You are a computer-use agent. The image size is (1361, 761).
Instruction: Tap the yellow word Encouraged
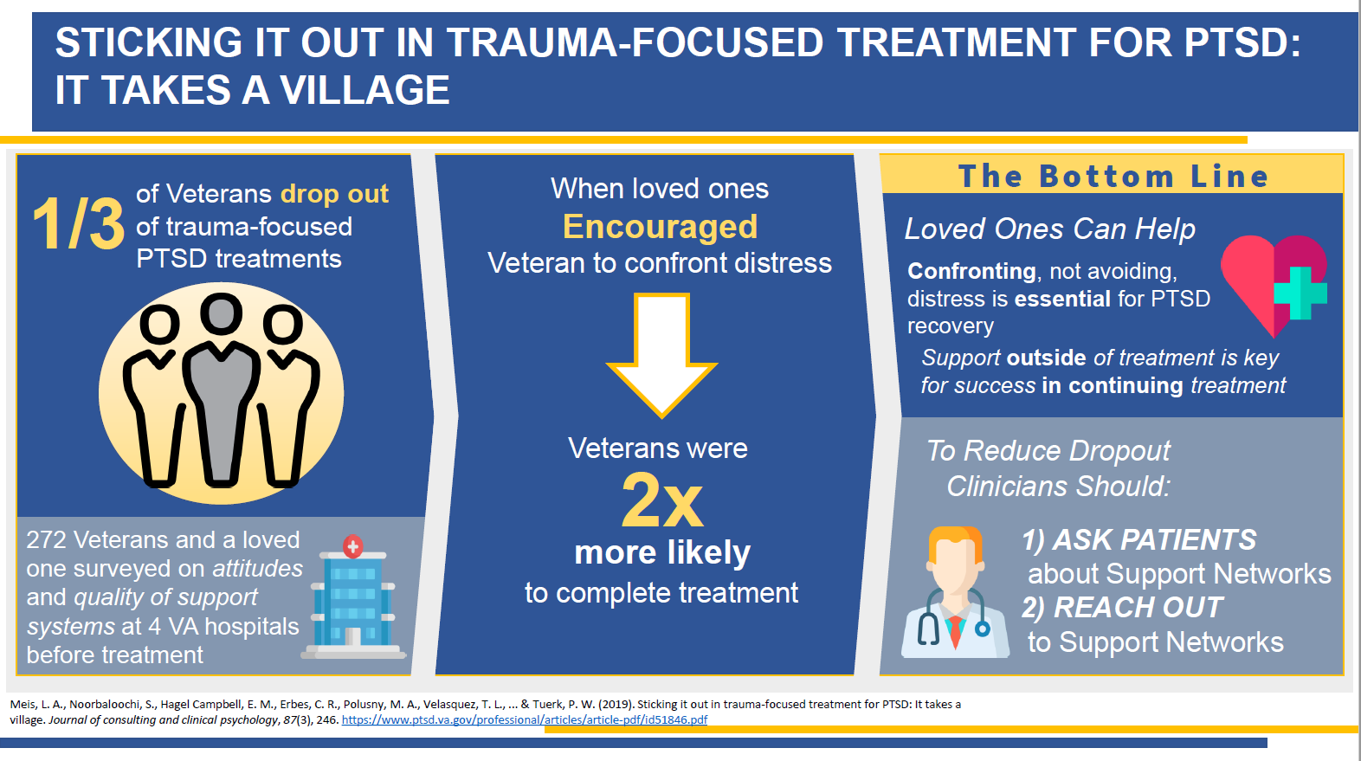point(660,227)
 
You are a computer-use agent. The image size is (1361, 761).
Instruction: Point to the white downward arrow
point(661,355)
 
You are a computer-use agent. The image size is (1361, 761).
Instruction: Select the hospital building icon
point(353,597)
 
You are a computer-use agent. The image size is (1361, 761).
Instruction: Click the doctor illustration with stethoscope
point(955,592)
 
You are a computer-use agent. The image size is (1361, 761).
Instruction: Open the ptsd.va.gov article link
point(525,719)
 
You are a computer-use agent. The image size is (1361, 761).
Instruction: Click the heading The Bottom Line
point(1113,176)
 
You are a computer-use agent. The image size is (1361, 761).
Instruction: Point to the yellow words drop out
point(334,194)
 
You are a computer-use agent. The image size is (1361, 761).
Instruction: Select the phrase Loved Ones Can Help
point(1050,229)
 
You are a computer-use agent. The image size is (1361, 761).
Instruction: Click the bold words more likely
point(662,553)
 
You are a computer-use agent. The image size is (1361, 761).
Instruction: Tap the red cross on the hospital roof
point(353,546)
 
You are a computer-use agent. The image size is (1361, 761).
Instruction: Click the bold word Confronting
point(971,272)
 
